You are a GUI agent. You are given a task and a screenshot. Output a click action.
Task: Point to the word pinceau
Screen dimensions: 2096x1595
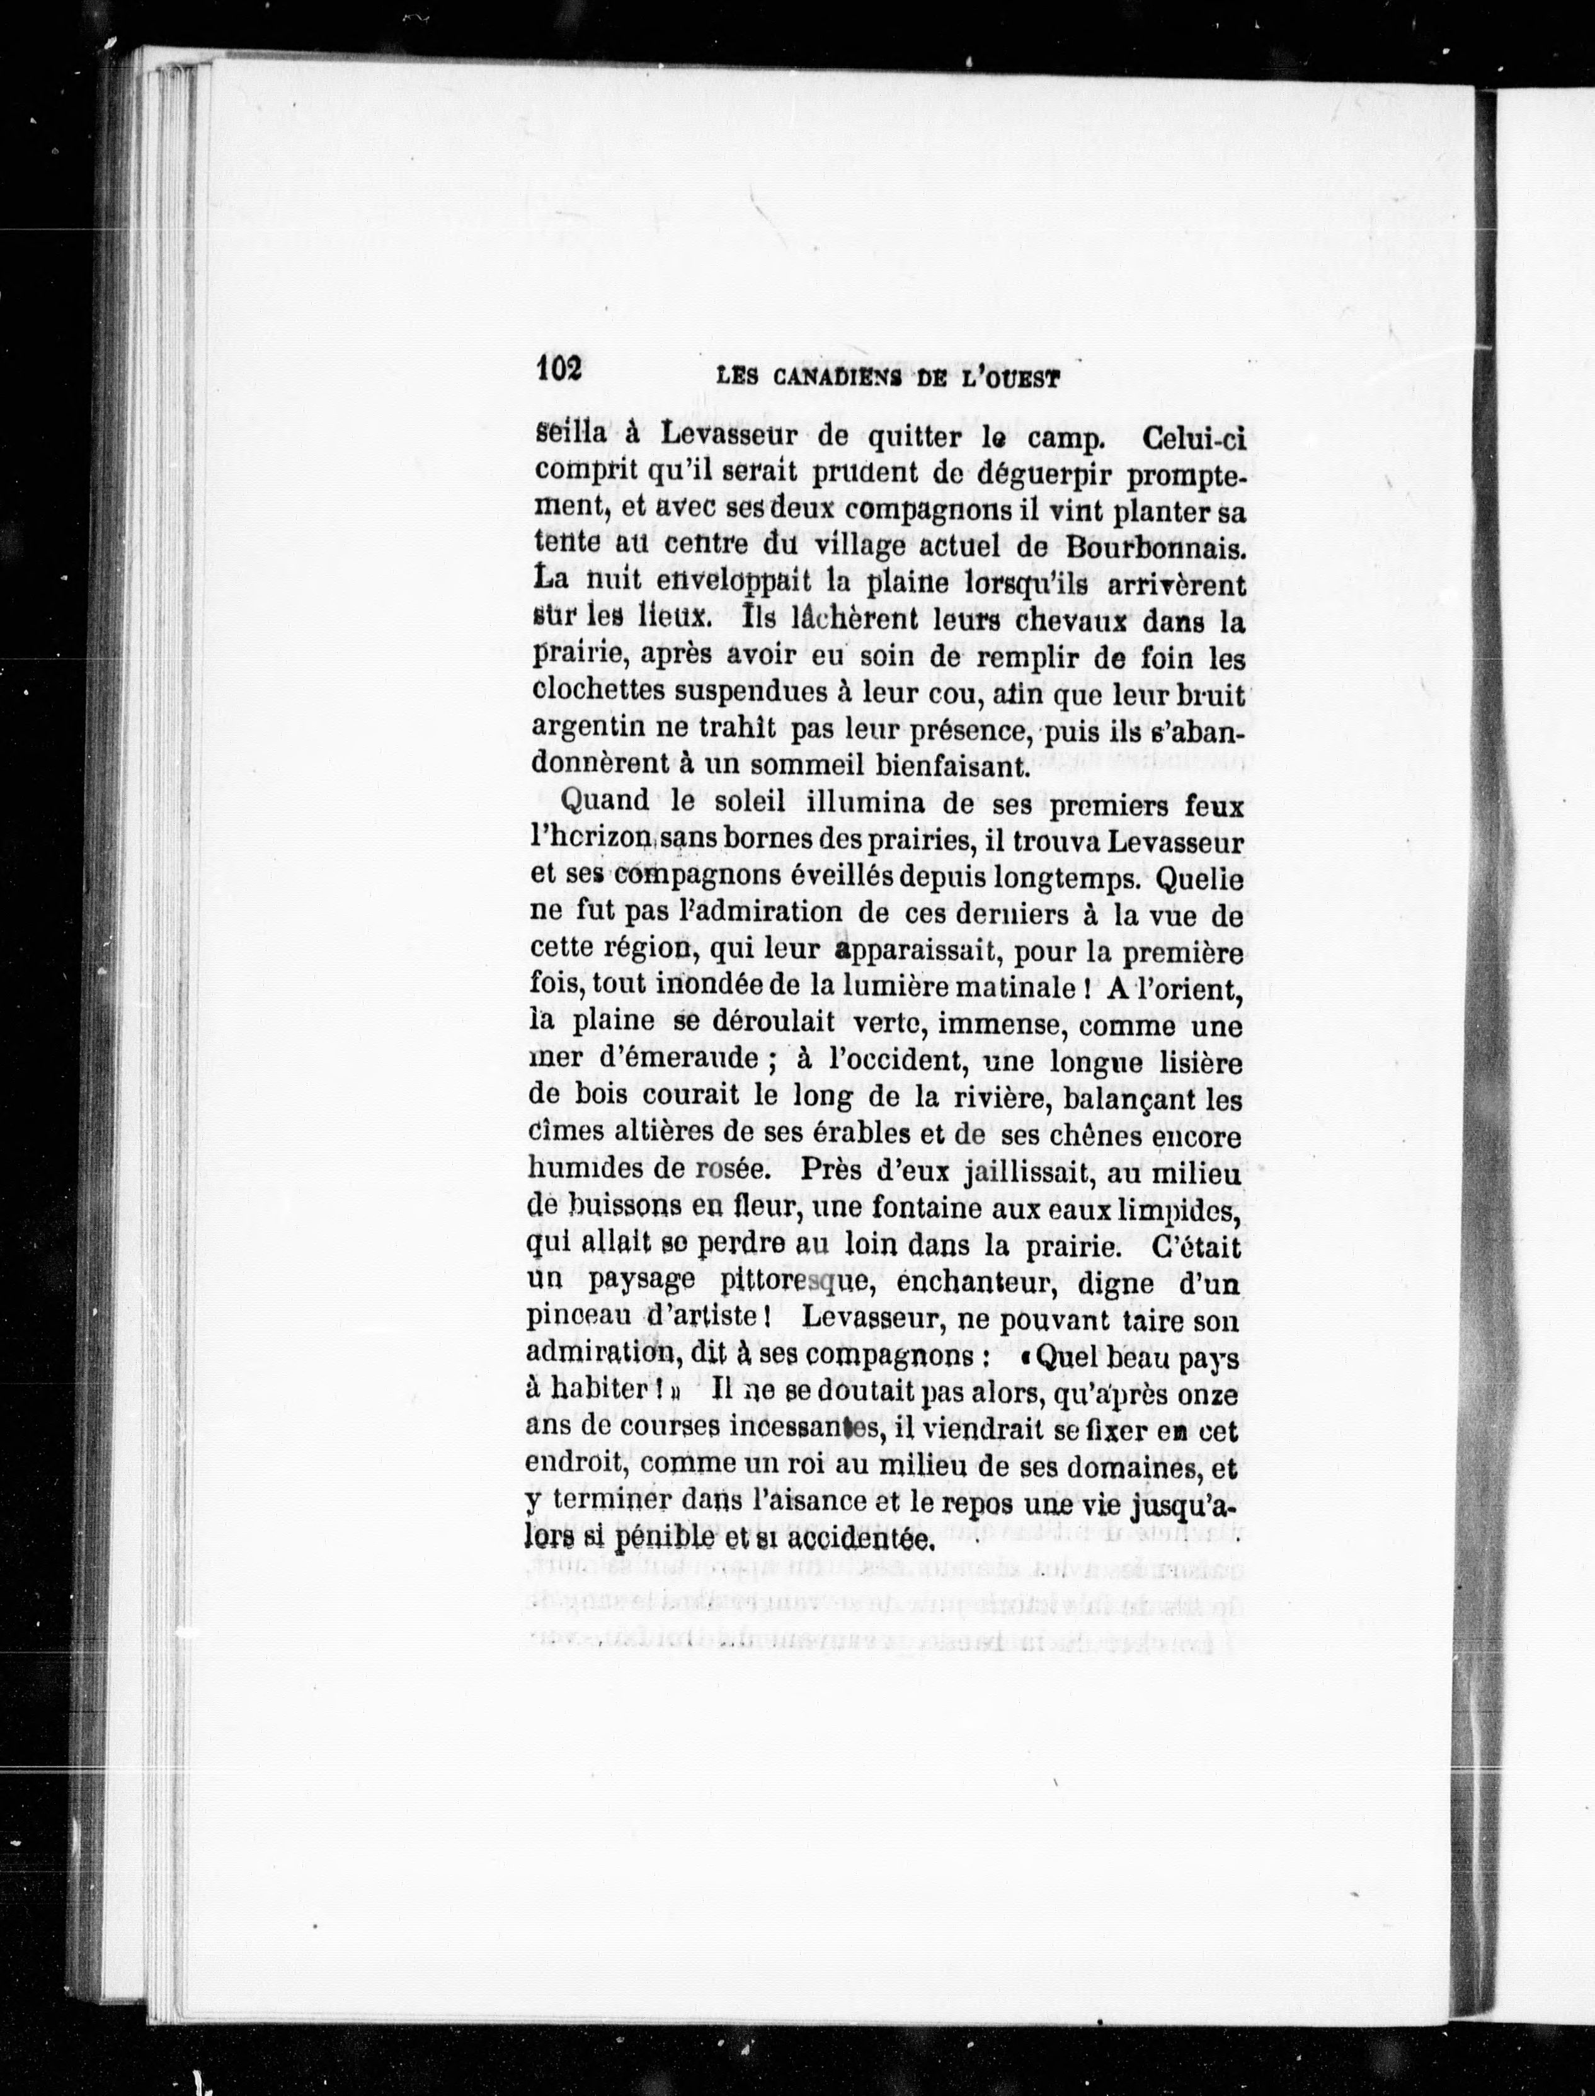pyautogui.click(x=582, y=1321)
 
